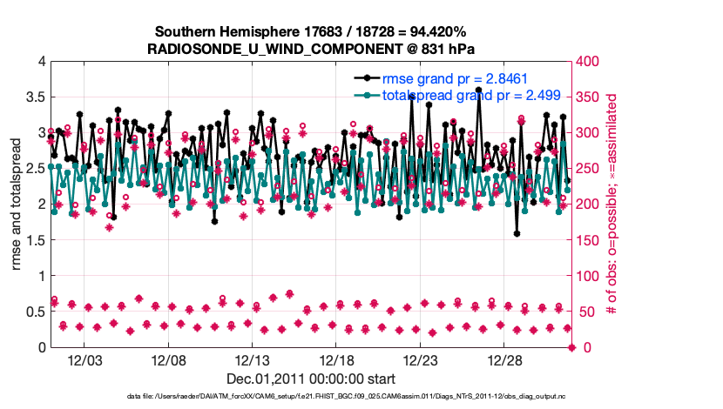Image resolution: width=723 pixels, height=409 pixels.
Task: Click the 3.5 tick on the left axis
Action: tap(33, 97)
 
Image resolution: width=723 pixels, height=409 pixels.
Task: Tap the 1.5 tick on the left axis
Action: tap(33, 240)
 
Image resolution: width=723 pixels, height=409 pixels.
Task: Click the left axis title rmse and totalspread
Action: tap(17, 204)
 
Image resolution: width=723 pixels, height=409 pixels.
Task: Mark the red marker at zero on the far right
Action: tap(571, 347)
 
